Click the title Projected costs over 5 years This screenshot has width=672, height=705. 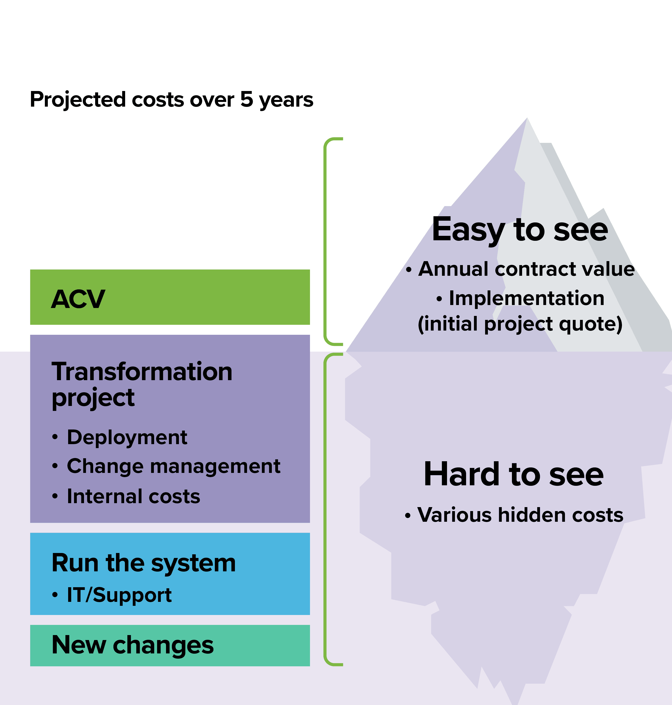pyautogui.click(x=171, y=100)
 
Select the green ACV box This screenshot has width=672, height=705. pyautogui.click(x=170, y=297)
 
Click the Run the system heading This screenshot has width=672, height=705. pyautogui.click(x=144, y=563)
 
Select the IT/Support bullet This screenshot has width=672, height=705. pyautogui.click(x=112, y=595)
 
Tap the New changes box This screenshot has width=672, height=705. pyautogui.click(x=170, y=645)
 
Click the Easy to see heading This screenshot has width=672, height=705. pyautogui.click(x=520, y=230)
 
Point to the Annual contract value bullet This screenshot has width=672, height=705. pyautogui.click(x=520, y=269)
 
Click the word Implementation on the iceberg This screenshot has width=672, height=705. pyautogui.click(x=527, y=299)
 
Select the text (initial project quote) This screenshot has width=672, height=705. pyautogui.click(x=520, y=324)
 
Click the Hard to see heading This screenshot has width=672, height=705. pyautogui.click(x=514, y=474)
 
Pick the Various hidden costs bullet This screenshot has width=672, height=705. pyautogui.click(x=514, y=515)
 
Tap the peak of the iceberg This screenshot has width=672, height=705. pyautogui.click(x=527, y=118)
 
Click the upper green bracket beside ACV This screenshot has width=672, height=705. pyautogui.click(x=325, y=241)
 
